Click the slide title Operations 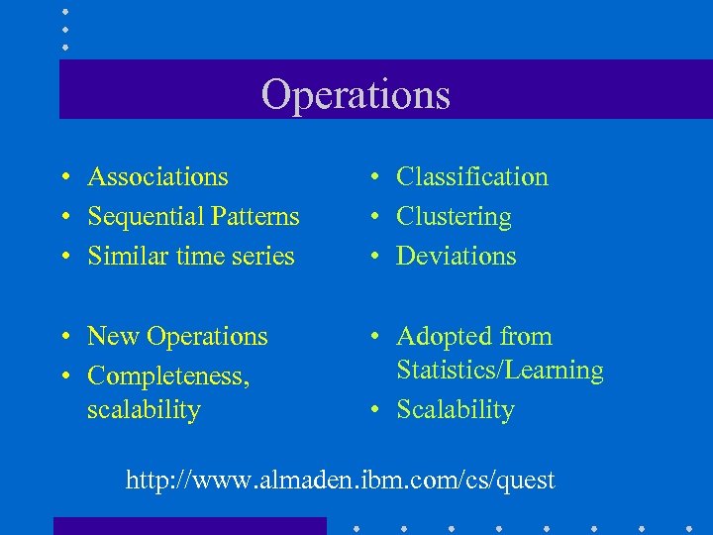356,95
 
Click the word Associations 157,177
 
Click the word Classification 471,177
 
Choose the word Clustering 454,217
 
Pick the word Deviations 456,257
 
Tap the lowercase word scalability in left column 144,410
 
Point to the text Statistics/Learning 499,371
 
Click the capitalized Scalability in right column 455,410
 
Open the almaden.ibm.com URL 340,481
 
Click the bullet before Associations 63,177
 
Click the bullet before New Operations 63,337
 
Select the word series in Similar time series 265,257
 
